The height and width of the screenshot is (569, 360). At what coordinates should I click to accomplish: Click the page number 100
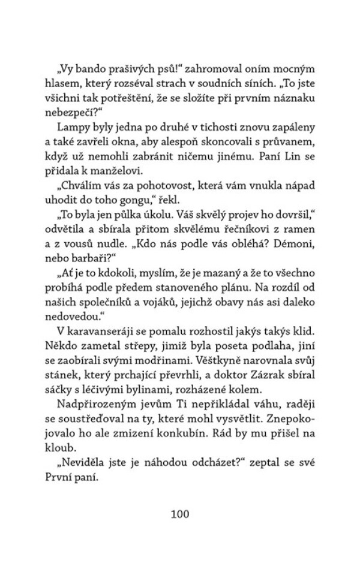click(180, 514)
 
